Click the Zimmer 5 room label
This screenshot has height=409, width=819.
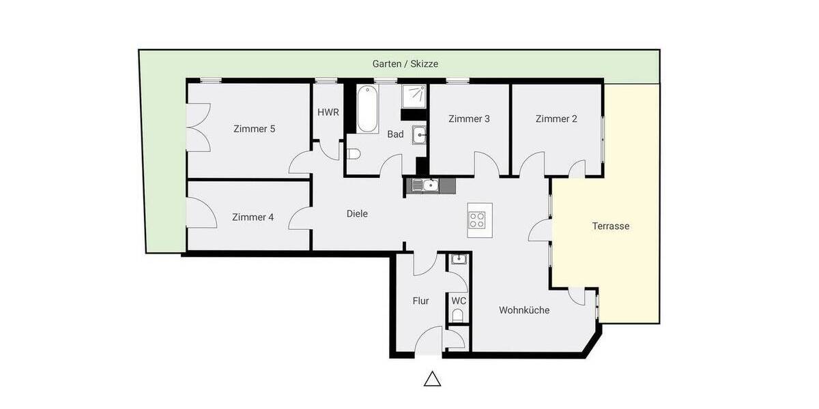254,129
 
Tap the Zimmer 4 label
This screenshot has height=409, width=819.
253,217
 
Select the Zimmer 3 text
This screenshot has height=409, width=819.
469,119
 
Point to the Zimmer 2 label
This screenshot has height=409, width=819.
556,119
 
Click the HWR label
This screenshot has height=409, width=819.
328,112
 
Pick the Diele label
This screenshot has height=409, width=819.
357,214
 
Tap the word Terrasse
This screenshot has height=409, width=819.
611,226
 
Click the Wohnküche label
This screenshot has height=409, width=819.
524,310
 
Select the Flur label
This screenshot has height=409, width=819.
420,301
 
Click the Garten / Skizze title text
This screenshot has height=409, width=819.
405,63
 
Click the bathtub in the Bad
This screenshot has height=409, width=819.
367,110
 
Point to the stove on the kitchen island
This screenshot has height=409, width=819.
478,219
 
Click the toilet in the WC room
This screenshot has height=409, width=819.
457,315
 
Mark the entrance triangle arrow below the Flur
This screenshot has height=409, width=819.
432,379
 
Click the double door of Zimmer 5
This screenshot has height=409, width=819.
197,129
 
